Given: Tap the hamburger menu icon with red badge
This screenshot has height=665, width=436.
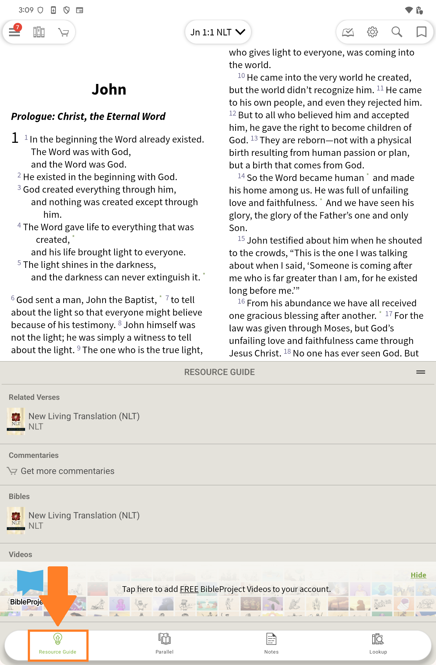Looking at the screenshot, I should (14, 32).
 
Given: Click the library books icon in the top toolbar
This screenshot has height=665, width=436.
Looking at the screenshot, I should (39, 32).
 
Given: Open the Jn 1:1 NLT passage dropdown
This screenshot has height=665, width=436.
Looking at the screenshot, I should (217, 32).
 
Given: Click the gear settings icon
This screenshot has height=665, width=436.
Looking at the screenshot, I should (372, 32).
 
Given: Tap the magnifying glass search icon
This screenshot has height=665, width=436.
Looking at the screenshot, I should (396, 32).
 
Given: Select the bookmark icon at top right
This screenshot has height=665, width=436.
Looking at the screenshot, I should (421, 32).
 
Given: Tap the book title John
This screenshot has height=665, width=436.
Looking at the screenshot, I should (109, 89).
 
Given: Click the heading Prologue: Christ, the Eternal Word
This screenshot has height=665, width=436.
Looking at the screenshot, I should (88, 116).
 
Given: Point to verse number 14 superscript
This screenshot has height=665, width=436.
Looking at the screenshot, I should (241, 176).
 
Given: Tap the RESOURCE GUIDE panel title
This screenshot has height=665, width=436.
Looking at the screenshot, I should (219, 372).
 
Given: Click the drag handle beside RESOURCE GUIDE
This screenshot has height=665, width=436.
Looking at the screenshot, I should (420, 372).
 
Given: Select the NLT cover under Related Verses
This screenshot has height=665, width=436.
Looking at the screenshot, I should (16, 421).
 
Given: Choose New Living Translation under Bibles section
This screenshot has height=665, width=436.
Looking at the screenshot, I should (84, 516).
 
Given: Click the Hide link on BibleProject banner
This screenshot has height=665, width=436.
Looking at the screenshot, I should (418, 575).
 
